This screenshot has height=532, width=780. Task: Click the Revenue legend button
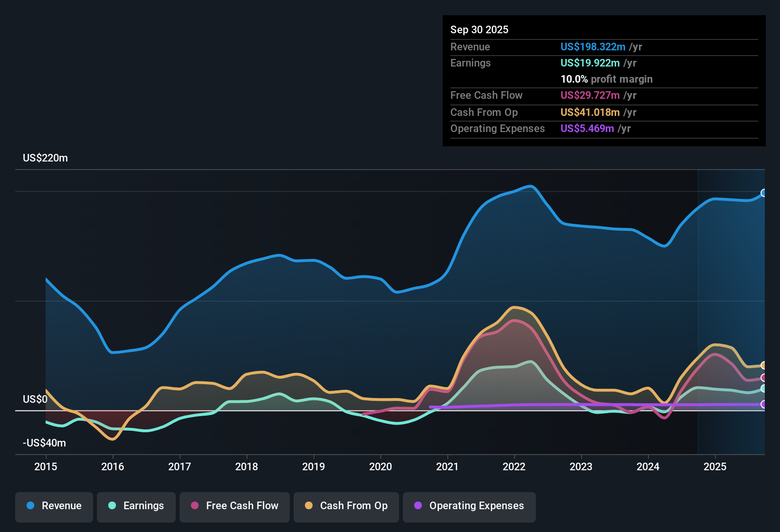[54, 506]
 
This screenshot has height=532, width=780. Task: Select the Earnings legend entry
[136, 506]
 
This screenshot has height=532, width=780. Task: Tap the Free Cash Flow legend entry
[235, 506]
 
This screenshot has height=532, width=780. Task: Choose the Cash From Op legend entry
[346, 506]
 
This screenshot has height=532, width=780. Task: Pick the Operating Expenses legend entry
[469, 506]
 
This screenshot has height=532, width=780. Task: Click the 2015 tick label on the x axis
[46, 466]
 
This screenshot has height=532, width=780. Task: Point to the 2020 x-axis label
[380, 466]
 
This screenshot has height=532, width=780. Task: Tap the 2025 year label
[715, 466]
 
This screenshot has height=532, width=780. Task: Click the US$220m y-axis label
[45, 158]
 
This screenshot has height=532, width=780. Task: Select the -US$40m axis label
[44, 443]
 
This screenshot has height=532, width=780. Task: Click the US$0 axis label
[35, 399]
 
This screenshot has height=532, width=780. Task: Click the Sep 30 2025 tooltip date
[479, 29]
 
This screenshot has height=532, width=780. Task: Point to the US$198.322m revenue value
[593, 47]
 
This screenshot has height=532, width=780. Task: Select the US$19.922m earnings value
[590, 63]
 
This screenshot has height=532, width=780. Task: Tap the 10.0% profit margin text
[607, 79]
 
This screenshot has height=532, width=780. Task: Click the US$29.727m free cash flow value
[590, 95]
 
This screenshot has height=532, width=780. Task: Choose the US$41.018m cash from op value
[590, 112]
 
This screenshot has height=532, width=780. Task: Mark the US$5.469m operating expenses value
[587, 128]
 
